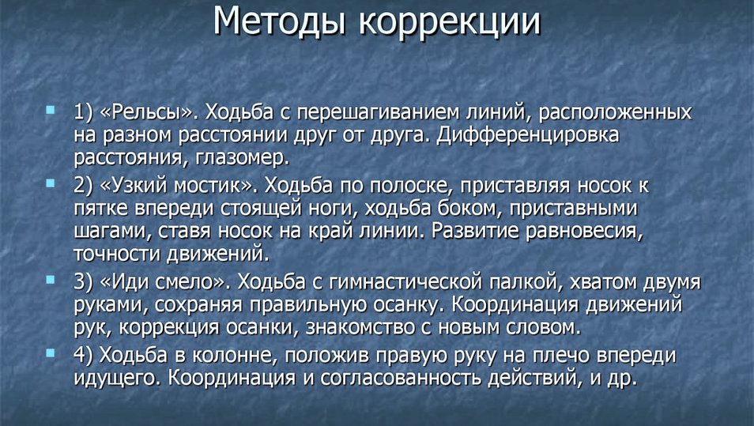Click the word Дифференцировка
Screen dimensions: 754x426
pos(527,135)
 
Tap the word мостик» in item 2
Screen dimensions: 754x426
pos(213,185)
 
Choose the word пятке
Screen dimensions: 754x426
pos(101,208)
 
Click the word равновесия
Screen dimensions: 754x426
pos(584,232)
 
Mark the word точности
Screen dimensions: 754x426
pos(117,254)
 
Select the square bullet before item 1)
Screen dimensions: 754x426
pos(50,110)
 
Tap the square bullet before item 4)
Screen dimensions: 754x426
pos(50,353)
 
